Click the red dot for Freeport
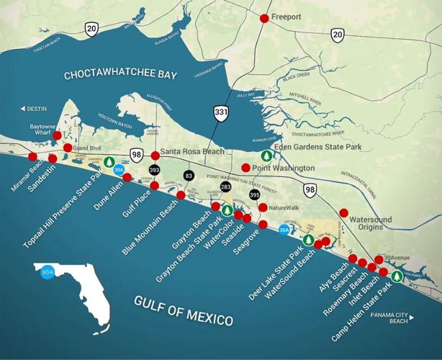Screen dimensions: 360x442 point(265,18)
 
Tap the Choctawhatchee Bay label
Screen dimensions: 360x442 point(121,75)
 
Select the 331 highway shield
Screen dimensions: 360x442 point(221,113)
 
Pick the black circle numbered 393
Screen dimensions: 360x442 point(155,170)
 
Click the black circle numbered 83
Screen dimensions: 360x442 point(189,175)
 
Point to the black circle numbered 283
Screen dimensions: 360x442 point(226,187)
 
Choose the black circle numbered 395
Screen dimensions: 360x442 point(254,194)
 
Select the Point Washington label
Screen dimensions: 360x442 point(283,168)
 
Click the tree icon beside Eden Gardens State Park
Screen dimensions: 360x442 point(266,156)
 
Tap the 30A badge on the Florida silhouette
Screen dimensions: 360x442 point(48,273)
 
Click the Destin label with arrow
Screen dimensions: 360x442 point(32,109)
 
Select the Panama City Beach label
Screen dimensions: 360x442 point(393,319)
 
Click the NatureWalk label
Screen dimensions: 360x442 point(283,207)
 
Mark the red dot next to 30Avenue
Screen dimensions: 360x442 point(379,259)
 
